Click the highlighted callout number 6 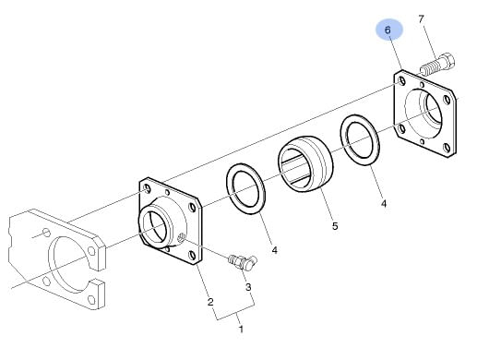point(388,30)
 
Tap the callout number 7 point(421,19)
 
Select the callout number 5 point(335,226)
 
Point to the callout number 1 point(242,330)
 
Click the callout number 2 point(210,302)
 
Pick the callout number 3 point(248,287)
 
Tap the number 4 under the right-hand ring point(384,204)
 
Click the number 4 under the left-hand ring point(275,250)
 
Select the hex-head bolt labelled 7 point(437,66)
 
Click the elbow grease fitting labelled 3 point(243,262)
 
